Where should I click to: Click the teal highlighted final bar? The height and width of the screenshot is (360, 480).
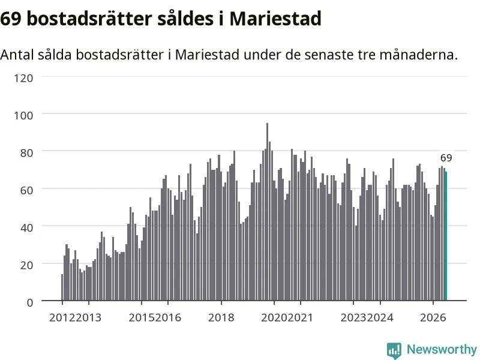pyautogui.click(x=446, y=236)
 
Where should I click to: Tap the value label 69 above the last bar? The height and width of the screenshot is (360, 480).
pyautogui.click(x=446, y=158)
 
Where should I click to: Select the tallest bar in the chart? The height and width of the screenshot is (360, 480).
pyautogui.click(x=267, y=212)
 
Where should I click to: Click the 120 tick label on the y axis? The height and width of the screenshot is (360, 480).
pyautogui.click(x=23, y=78)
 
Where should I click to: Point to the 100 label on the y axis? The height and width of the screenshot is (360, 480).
pyautogui.click(x=23, y=116)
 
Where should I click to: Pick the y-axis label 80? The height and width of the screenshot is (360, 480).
pyautogui.click(x=26, y=153)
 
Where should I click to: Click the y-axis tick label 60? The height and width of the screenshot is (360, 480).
pyautogui.click(x=26, y=190)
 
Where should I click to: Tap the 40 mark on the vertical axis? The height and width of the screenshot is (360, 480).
pyautogui.click(x=26, y=228)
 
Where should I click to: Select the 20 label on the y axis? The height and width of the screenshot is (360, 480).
pyautogui.click(x=26, y=265)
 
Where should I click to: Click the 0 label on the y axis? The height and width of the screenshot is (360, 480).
pyautogui.click(x=29, y=303)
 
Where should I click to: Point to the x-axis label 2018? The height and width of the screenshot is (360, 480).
pyautogui.click(x=221, y=318)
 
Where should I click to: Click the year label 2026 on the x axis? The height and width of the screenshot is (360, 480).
pyautogui.click(x=433, y=318)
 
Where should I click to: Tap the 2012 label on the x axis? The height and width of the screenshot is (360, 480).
pyautogui.click(x=62, y=318)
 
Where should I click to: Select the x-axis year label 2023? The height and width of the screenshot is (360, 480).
pyautogui.click(x=353, y=318)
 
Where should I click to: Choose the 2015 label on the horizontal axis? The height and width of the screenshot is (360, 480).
pyautogui.click(x=142, y=318)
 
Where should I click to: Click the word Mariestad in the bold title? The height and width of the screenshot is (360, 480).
pyautogui.click(x=275, y=19)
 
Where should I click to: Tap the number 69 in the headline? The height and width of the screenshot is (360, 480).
pyautogui.click(x=11, y=19)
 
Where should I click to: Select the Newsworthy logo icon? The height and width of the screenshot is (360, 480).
pyautogui.click(x=394, y=350)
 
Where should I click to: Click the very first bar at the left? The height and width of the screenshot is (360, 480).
pyautogui.click(x=62, y=287)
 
